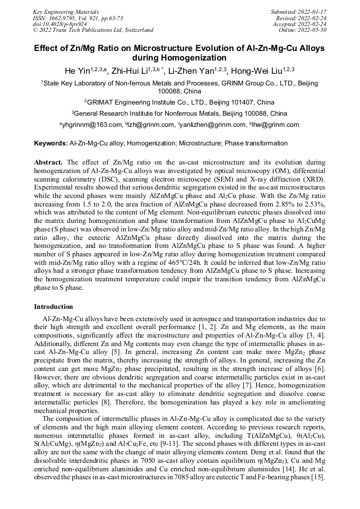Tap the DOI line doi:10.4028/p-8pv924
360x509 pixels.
60,24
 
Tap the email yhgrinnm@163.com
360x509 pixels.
91,125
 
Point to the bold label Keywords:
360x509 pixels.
50,143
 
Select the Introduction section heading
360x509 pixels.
54,307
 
